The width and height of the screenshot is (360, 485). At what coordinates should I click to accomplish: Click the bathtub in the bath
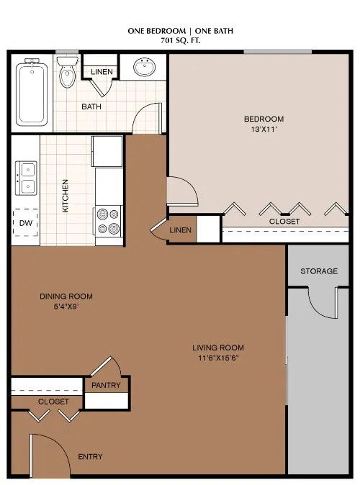click(x=32, y=93)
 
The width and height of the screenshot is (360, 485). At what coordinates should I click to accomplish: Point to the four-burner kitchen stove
click(x=109, y=221)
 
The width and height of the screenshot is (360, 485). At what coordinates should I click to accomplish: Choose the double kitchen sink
click(x=27, y=178)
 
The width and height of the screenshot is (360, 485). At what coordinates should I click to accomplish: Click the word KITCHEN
click(x=65, y=195)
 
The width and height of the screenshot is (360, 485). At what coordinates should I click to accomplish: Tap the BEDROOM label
click(x=264, y=119)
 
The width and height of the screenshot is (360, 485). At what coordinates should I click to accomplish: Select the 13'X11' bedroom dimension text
click(x=264, y=130)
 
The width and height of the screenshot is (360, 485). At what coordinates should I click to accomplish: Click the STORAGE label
click(x=319, y=271)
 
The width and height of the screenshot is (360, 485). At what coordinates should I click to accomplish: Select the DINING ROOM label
click(x=66, y=296)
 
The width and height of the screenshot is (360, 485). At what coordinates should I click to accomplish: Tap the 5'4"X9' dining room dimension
click(x=66, y=307)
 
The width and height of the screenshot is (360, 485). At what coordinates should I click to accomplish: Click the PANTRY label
click(x=106, y=386)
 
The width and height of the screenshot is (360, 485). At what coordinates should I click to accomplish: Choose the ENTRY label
click(x=90, y=456)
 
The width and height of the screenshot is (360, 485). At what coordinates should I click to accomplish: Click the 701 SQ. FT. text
click(x=180, y=42)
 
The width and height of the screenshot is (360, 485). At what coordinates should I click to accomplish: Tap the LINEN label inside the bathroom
click(x=101, y=72)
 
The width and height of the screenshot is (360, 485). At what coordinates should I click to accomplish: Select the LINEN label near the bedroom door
click(x=181, y=230)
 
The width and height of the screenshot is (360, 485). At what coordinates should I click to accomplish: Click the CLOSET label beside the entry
click(x=53, y=401)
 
